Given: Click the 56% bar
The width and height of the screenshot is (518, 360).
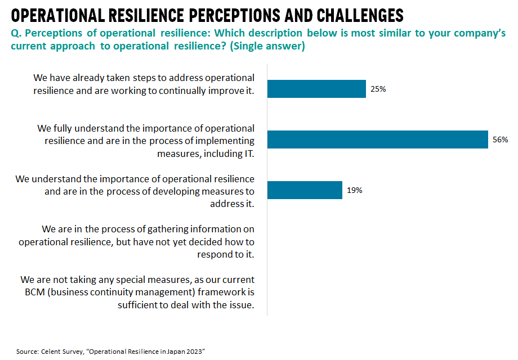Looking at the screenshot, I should click(377, 139).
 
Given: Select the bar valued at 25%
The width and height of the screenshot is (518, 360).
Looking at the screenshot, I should click(316, 89).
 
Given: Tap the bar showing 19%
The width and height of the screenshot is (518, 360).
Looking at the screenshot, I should click(305, 190).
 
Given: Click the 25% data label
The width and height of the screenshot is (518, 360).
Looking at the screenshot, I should click(378, 89).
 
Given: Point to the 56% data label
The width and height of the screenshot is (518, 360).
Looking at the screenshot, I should click(500, 139).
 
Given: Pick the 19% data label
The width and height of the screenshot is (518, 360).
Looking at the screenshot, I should click(354, 190).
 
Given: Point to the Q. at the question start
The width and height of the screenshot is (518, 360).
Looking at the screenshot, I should click(16, 33).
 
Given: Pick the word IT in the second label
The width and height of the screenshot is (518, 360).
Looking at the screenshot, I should click(246, 152).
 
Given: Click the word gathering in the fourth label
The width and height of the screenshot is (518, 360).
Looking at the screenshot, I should click(167, 229).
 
